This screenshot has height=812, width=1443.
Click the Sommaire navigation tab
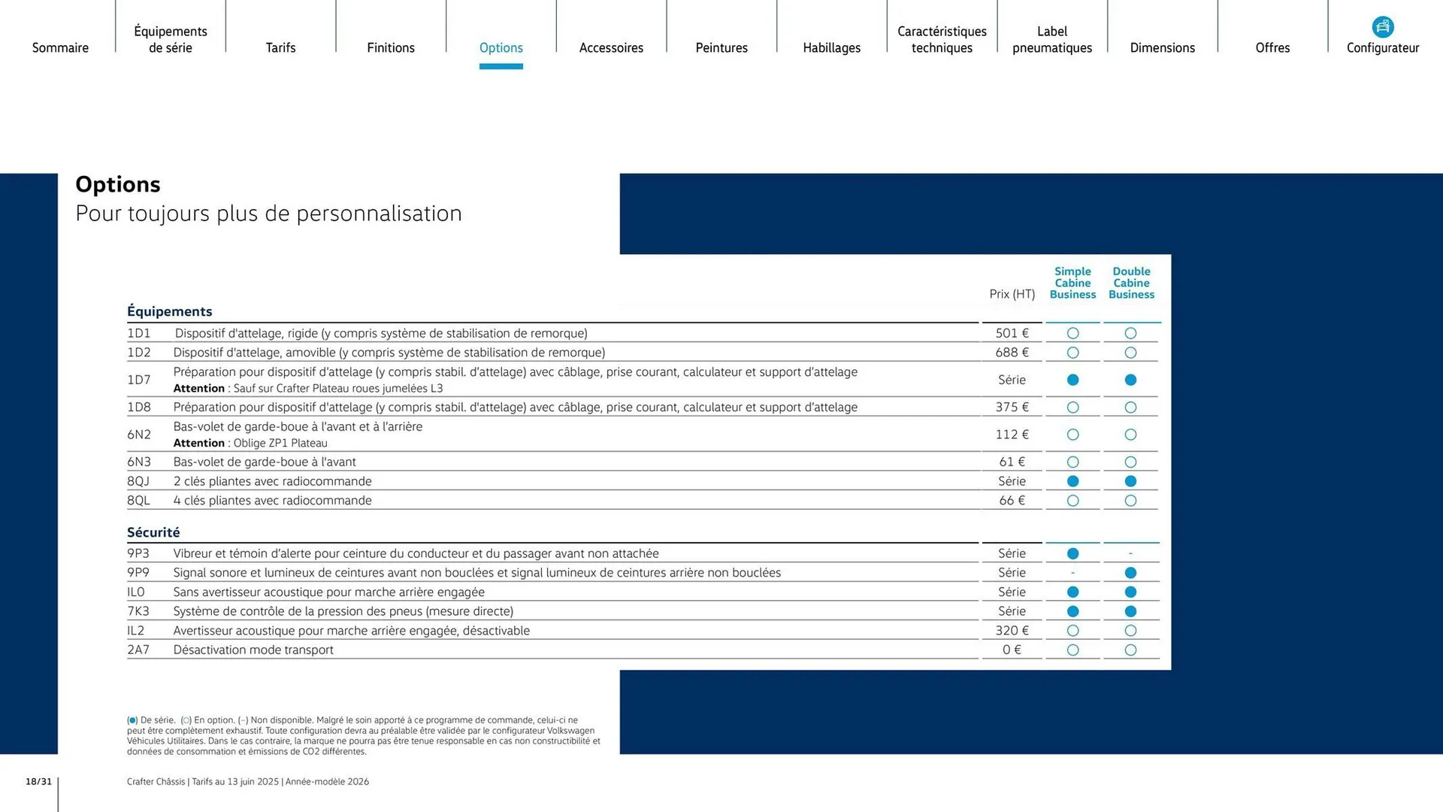[60, 47]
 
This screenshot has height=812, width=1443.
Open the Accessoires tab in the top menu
[611, 47]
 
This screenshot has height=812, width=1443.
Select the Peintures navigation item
[721, 47]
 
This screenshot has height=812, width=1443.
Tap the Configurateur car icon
[1382, 27]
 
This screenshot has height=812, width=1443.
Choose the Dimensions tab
[1162, 47]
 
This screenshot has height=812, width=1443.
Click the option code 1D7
[139, 380]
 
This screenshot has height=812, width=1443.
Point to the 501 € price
[1012, 333]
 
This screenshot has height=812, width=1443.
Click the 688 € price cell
[1012, 353]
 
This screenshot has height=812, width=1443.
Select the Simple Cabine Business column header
[1072, 283]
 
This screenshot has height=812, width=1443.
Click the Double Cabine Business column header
[1131, 283]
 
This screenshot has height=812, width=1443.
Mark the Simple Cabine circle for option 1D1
[1072, 333]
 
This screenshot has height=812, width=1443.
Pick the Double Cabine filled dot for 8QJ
[1130, 481]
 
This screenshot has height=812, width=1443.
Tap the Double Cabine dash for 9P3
[1130, 553]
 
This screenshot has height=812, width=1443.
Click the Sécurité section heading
[153, 532]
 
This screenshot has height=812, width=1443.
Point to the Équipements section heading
[169, 311]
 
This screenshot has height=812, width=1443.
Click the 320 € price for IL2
[1012, 631]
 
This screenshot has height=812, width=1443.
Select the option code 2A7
[138, 650]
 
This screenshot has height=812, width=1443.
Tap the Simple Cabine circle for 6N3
[1072, 462]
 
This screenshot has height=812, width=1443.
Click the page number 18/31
[39, 782]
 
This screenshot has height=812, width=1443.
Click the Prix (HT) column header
[1012, 294]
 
